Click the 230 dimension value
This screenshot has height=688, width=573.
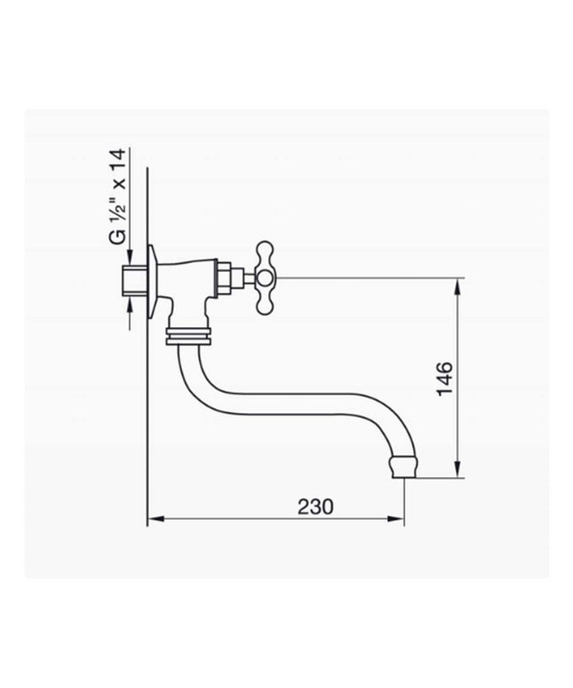pos(315,507)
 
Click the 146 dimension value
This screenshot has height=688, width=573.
pos(444,379)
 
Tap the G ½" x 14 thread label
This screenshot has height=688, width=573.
pos(117,196)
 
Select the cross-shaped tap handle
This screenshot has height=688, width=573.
pos(266,277)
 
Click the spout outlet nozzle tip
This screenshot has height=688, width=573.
pos(403,467)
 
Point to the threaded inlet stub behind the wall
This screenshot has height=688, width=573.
pos(134,279)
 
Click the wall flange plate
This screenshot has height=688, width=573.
pos(152,281)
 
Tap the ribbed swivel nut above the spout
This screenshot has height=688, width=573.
pos(188,336)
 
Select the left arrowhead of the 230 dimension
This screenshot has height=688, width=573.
pos(155,519)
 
